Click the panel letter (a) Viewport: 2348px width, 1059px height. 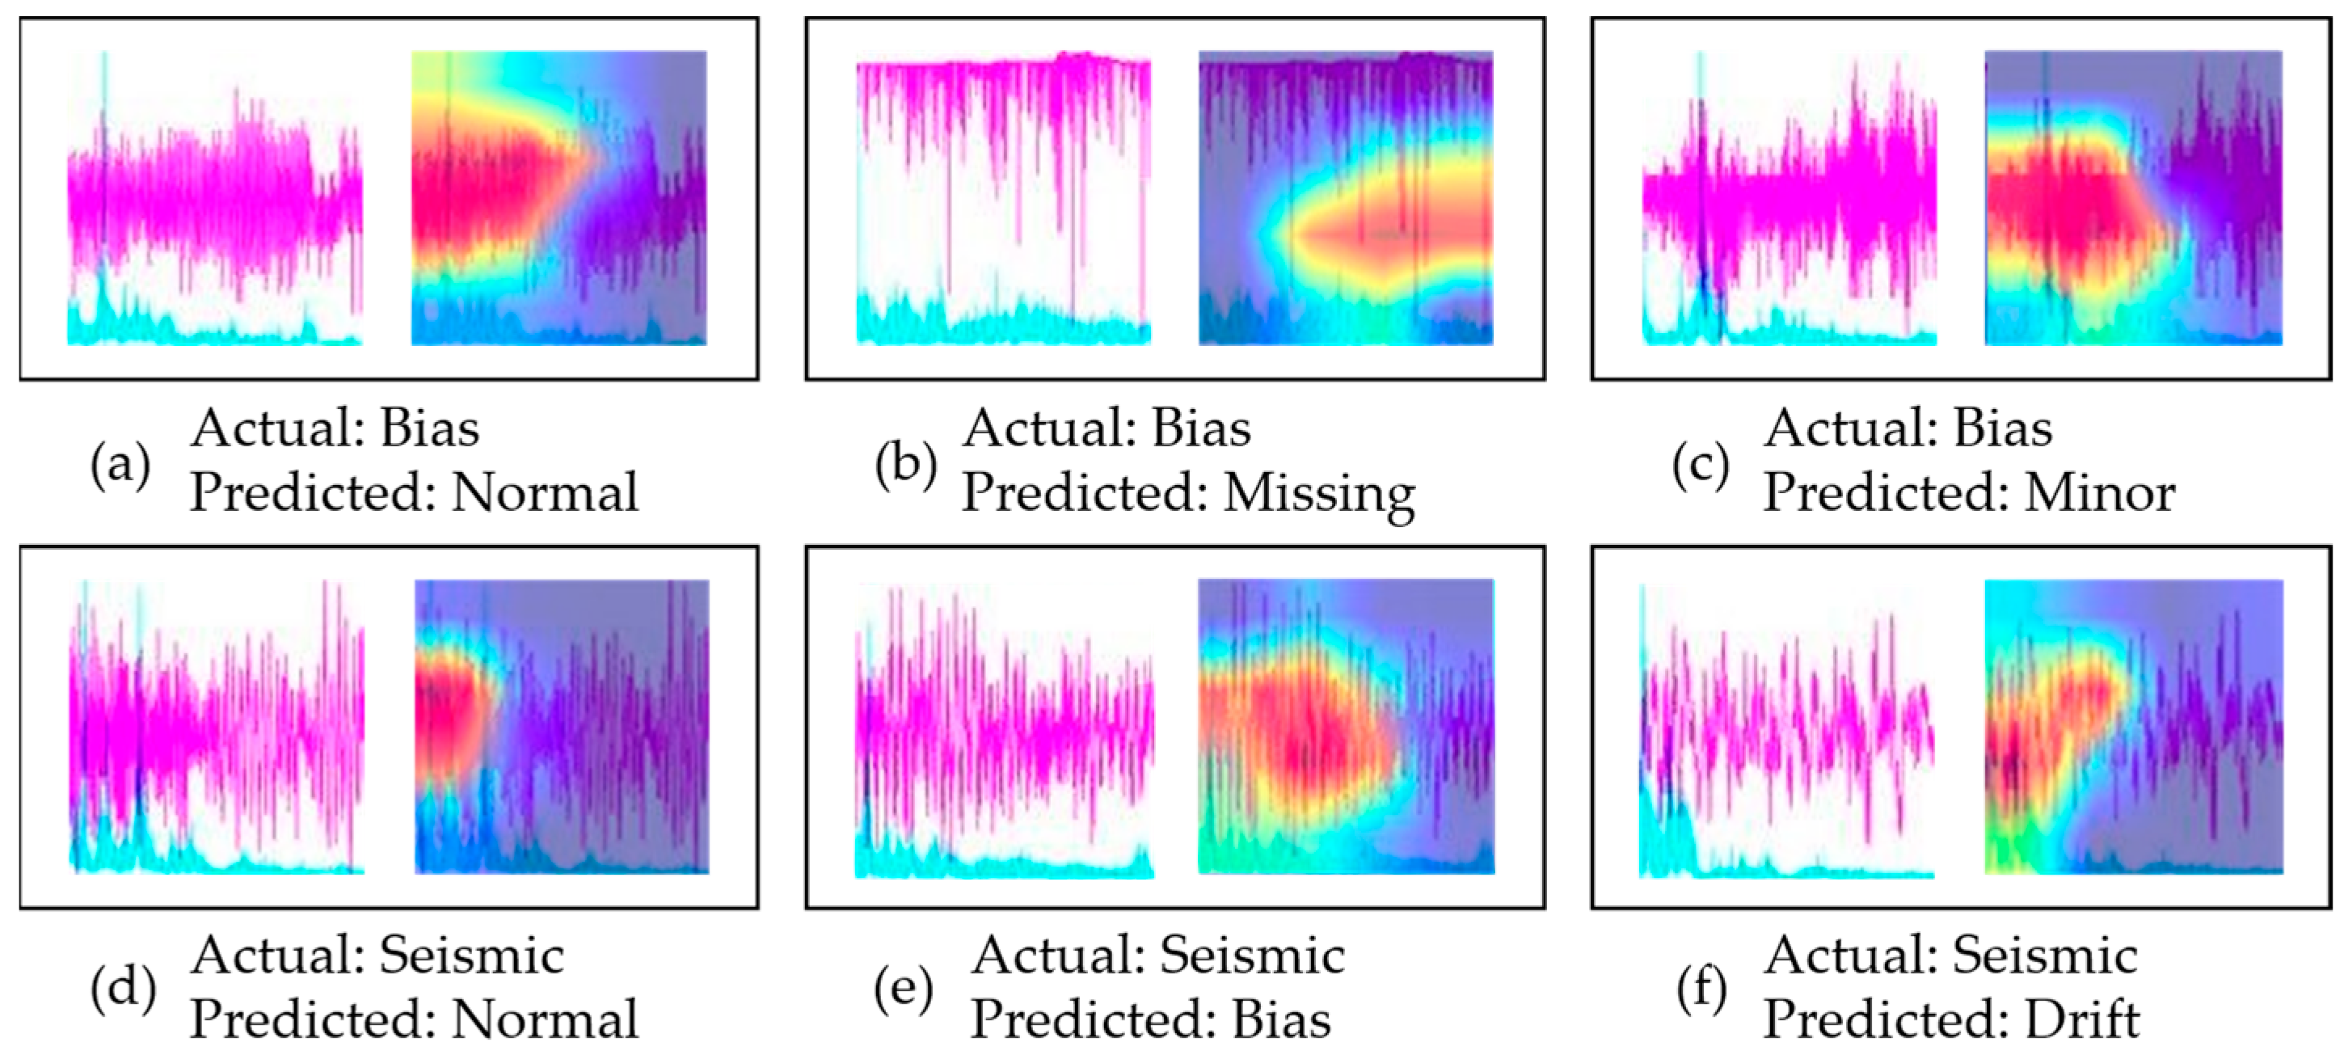(120, 466)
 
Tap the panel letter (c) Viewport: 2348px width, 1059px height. (1700, 466)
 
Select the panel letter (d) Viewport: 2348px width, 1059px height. (122, 989)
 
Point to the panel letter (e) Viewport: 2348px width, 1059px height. (902, 989)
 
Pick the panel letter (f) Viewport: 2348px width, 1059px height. (1701, 989)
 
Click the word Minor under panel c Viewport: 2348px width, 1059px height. (2098, 493)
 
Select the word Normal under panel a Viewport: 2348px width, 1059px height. (544, 493)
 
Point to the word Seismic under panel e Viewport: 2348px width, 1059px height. (1251, 956)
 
